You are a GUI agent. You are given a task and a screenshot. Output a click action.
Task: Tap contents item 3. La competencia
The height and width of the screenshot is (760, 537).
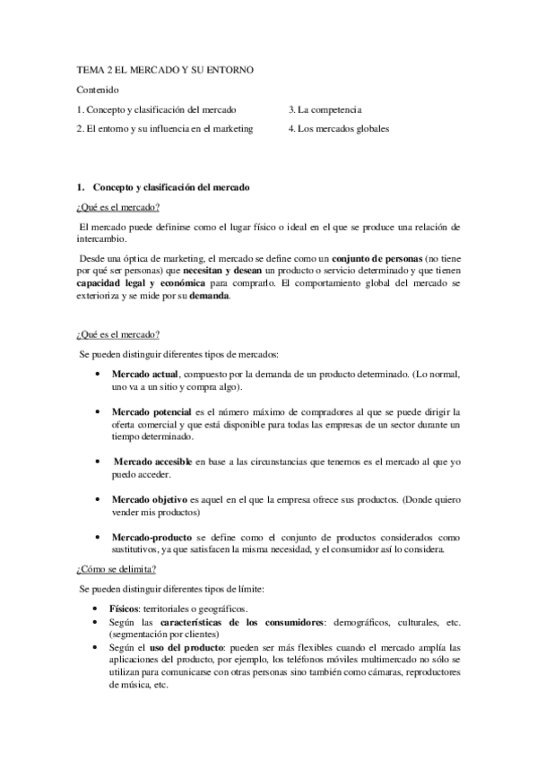point(325,109)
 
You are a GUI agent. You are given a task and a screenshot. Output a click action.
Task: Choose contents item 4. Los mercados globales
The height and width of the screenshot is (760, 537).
point(339,128)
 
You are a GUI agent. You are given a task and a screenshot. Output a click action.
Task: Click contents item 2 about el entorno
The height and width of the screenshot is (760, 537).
point(165,128)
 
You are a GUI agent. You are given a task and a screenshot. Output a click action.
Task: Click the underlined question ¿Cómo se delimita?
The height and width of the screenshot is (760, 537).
point(117,568)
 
